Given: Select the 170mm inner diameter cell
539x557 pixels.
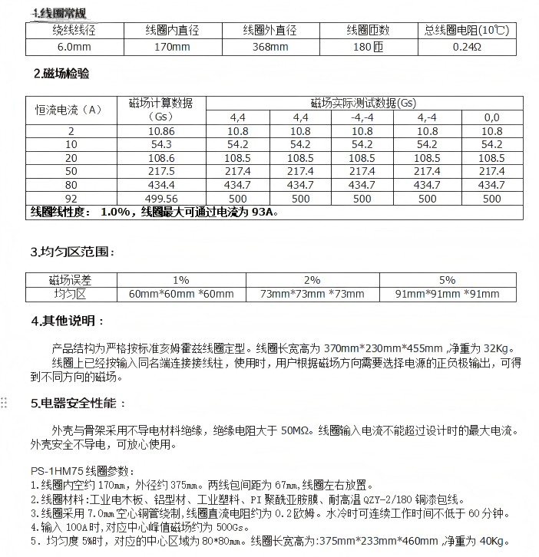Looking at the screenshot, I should coord(172,48).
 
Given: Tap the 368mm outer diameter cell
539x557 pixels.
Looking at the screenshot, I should coord(269,48).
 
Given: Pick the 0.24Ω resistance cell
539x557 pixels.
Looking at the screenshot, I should coord(467,48).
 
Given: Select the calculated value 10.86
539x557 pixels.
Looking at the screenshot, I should coord(161,131).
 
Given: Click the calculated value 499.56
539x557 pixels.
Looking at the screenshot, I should coord(161,198).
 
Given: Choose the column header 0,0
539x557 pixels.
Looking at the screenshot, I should coord(491,117).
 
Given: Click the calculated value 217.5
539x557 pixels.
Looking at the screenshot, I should coord(161,171).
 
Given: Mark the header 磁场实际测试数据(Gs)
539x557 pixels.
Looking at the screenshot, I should coord(363,103).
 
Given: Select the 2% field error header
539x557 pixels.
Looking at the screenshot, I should coord(312,280).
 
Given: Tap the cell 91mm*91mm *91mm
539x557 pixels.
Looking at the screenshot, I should coord(447,294).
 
